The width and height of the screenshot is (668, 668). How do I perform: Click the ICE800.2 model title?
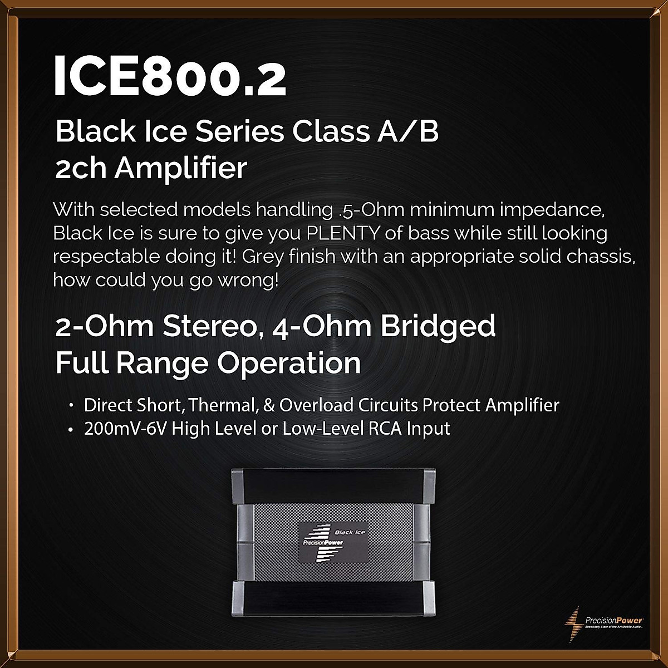click(169, 77)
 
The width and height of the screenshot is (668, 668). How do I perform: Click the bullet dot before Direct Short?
click(71, 405)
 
